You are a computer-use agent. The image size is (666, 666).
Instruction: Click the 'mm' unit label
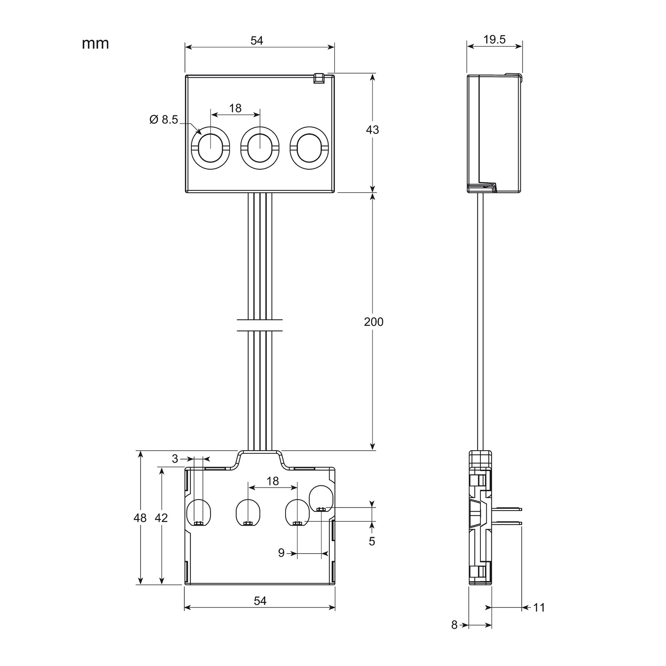coord(95,44)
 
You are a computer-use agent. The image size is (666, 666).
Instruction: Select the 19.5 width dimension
coord(494,40)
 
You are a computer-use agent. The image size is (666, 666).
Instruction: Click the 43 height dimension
coord(373,130)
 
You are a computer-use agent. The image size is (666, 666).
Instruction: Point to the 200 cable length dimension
coord(373,321)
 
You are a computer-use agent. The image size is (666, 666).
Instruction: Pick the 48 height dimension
coord(140,518)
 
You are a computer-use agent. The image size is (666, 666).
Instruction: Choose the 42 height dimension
coord(161,518)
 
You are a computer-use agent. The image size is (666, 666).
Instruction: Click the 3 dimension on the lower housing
coord(175,458)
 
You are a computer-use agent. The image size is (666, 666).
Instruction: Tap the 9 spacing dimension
coord(281,553)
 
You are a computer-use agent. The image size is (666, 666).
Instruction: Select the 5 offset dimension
coord(372,541)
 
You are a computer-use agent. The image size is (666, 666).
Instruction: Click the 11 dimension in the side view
coord(539,607)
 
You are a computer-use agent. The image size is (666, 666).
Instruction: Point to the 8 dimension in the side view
coord(454,625)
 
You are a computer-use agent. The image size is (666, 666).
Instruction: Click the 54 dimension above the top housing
coord(257,40)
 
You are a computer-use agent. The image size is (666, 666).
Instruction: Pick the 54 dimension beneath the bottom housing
coord(260,601)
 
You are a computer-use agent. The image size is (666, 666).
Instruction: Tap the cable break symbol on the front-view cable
coord(260,325)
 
